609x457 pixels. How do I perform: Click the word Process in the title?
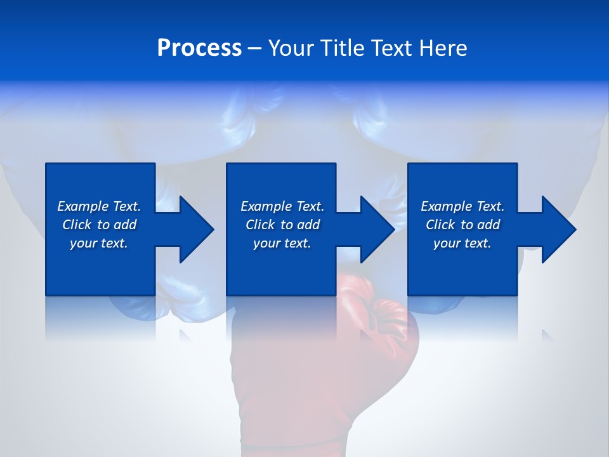tap(199, 48)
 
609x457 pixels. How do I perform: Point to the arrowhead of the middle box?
tap(376, 229)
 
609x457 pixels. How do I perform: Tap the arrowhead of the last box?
tap(558, 229)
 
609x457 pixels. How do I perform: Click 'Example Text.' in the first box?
tap(99, 206)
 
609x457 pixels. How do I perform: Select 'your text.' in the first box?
tap(99, 243)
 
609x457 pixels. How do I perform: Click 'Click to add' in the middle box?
tap(282, 225)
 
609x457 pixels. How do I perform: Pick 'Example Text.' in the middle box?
tap(282, 206)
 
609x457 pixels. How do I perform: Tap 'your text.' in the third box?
tap(462, 243)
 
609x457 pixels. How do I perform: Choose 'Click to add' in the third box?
tap(462, 225)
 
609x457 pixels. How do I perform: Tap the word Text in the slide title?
tap(393, 48)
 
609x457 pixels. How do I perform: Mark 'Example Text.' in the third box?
tap(462, 206)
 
